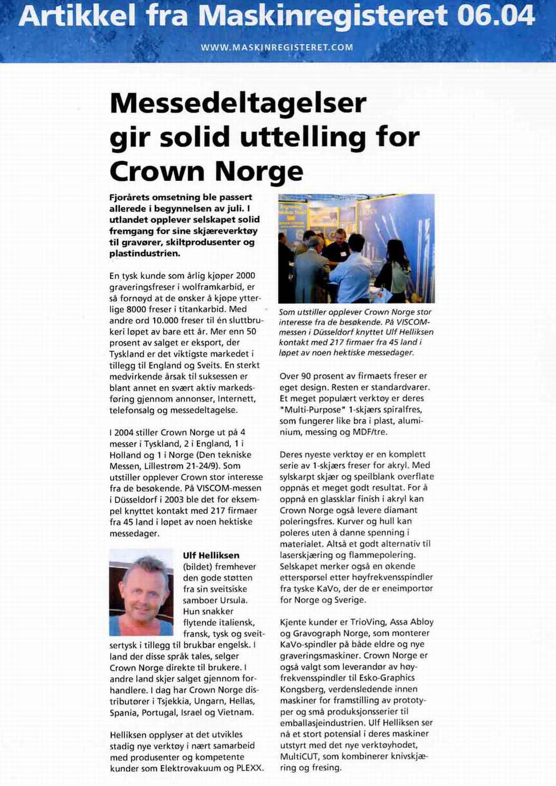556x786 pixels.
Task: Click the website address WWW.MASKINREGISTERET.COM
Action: [x=277, y=47]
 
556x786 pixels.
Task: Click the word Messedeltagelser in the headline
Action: [x=238, y=103]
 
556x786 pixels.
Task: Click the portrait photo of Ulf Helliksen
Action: [x=141, y=593]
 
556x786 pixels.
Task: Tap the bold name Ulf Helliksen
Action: [x=211, y=555]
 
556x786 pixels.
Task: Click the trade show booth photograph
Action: [x=356, y=249]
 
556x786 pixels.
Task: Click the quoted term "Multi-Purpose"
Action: [x=305, y=410]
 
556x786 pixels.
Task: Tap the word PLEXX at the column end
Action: [x=249, y=768]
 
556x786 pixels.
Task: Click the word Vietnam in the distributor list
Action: [x=236, y=712]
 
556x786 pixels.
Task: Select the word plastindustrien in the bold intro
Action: [x=145, y=253]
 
